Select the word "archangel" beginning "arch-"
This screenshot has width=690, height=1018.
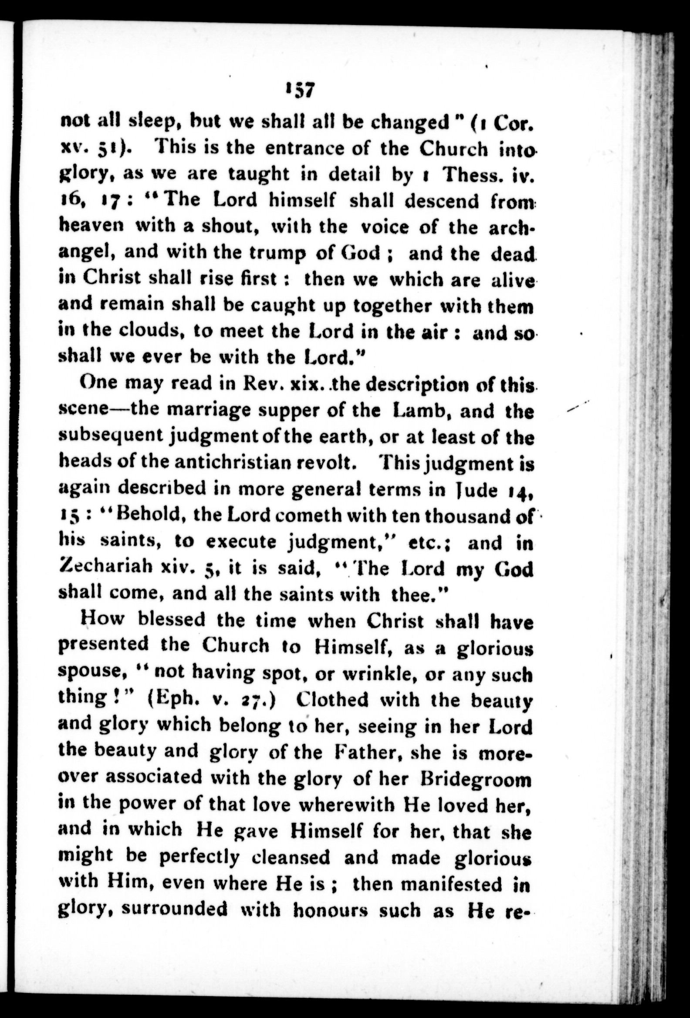508,227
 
